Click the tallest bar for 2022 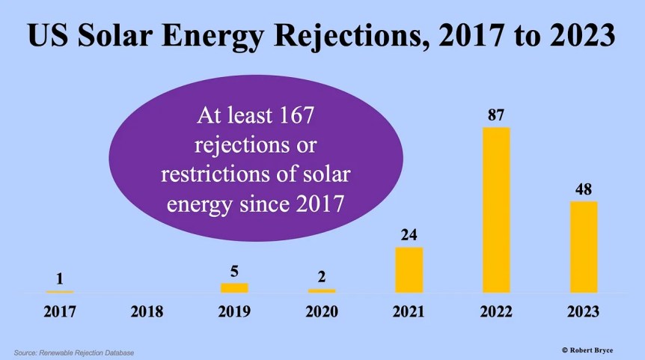click(x=496, y=210)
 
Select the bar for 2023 click(x=584, y=246)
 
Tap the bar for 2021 click(x=409, y=269)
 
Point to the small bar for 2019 click(x=234, y=287)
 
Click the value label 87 click(x=496, y=115)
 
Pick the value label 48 click(x=584, y=189)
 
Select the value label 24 click(x=409, y=235)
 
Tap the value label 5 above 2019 click(x=234, y=271)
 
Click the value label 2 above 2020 click(x=322, y=277)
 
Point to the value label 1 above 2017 click(x=59, y=279)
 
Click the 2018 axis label click(x=147, y=311)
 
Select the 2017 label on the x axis click(x=59, y=311)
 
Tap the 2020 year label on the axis click(x=322, y=311)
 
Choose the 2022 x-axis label click(x=496, y=311)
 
